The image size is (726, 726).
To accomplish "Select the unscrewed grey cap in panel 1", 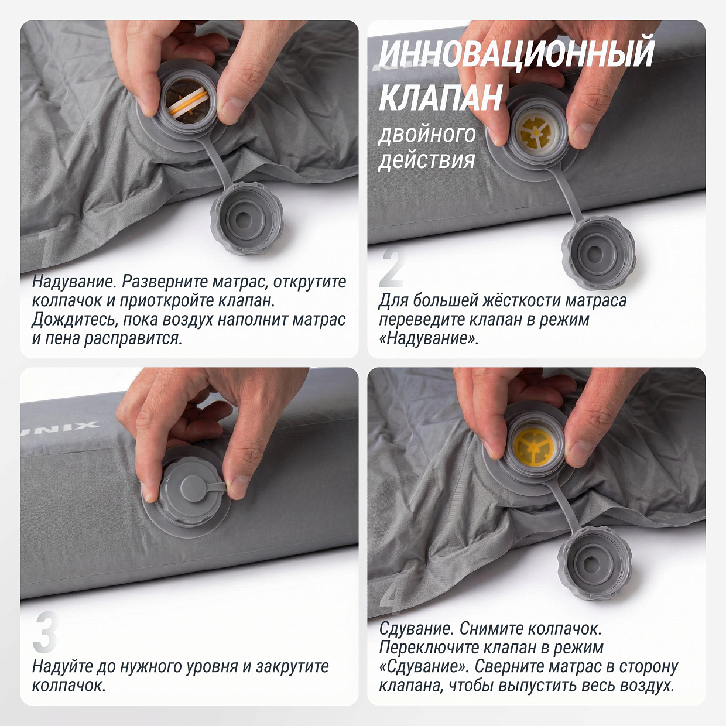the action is pos(246,218).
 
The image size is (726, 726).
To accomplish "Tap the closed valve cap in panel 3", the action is pos(193,491).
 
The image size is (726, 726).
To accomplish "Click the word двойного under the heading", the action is pos(427,135).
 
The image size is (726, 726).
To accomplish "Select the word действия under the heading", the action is pos(427,160).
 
